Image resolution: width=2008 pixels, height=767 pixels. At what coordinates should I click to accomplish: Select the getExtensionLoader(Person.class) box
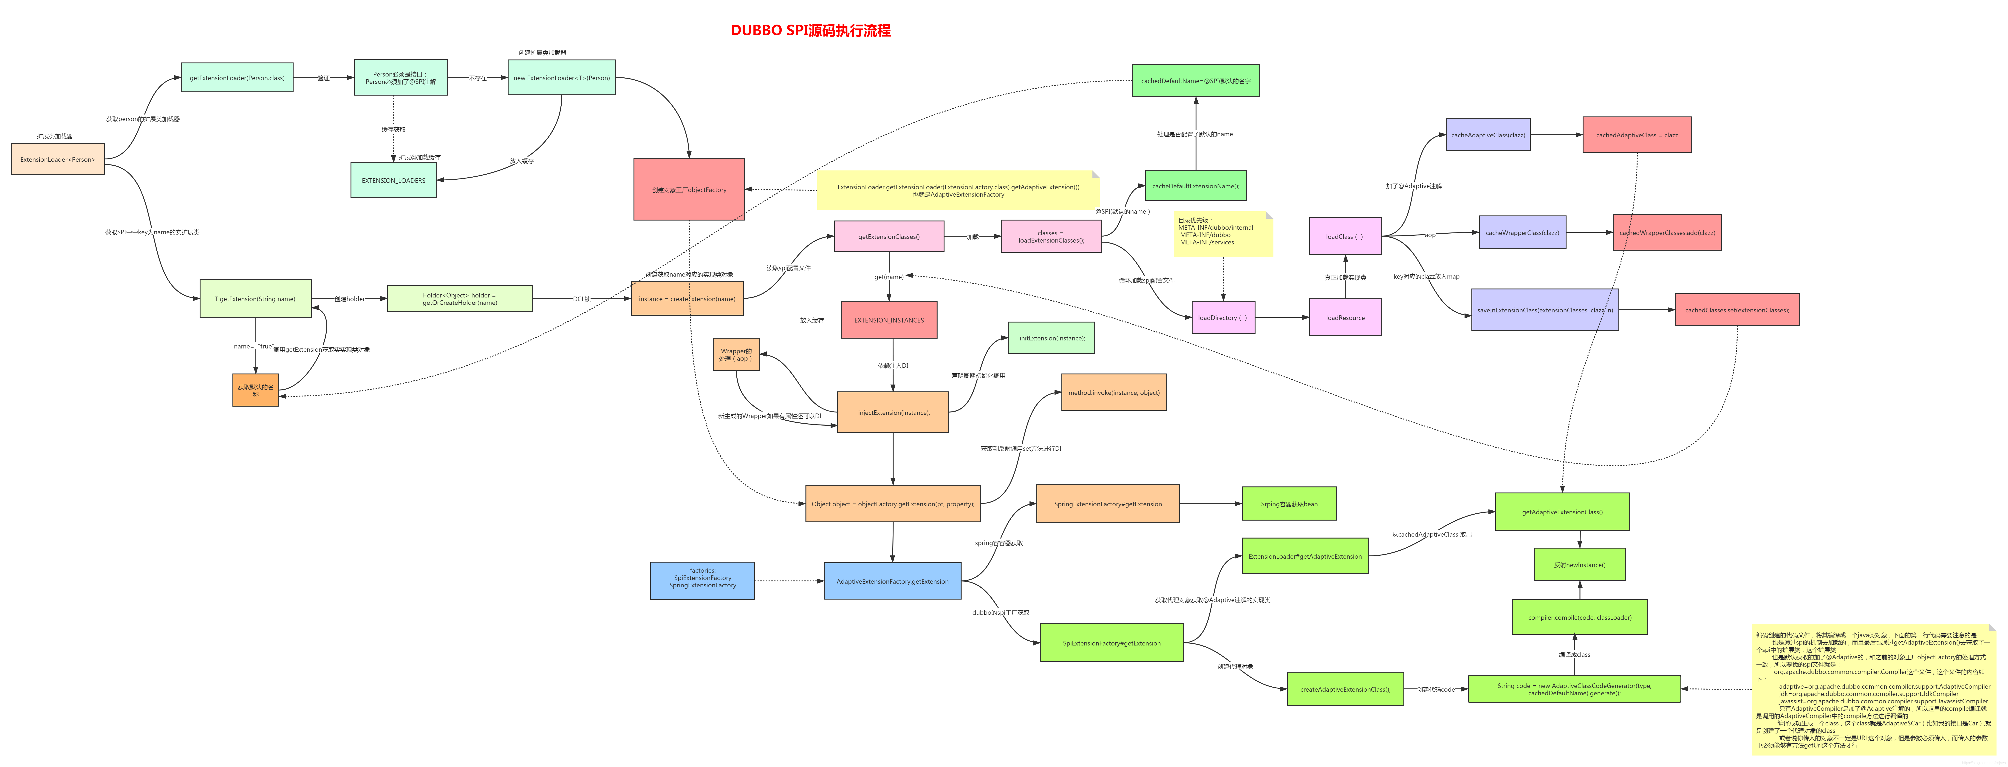[237, 78]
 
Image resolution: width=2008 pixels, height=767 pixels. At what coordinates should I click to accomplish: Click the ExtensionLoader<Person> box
[58, 159]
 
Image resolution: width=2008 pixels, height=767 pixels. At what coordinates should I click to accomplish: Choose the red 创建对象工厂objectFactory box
[689, 190]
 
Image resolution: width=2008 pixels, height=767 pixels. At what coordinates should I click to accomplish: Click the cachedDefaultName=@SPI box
[1195, 81]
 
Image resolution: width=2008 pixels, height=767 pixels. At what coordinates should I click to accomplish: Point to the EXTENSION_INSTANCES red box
[889, 320]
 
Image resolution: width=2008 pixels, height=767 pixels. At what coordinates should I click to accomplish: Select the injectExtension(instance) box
[893, 412]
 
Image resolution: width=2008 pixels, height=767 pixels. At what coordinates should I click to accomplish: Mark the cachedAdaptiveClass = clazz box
[1636, 135]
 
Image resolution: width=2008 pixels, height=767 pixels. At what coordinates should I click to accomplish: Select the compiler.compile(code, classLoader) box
[1579, 617]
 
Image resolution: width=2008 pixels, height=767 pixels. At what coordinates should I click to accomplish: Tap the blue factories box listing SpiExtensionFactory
[702, 581]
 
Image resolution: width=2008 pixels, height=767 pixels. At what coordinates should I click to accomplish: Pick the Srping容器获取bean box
[1289, 504]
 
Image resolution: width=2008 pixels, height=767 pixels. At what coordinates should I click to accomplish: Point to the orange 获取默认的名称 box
[256, 390]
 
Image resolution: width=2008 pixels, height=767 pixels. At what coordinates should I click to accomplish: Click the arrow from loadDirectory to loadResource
[1282, 317]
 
